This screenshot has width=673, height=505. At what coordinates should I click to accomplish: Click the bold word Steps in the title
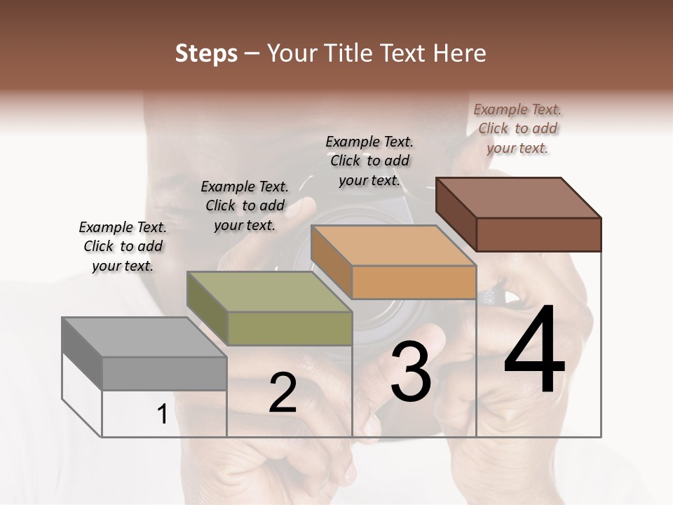coord(205,53)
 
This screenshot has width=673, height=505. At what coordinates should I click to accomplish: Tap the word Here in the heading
coord(457,53)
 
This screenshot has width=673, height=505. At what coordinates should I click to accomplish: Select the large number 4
coord(534,351)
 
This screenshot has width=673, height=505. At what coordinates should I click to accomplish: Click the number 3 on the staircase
coord(410,372)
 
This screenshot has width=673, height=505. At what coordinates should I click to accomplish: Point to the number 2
coord(283,393)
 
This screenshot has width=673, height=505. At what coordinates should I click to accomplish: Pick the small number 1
coord(162,415)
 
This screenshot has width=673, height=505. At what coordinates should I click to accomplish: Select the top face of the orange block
coord(393,245)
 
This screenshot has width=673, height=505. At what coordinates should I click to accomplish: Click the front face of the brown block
coord(538,234)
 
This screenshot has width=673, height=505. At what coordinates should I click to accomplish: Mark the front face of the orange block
coord(414,283)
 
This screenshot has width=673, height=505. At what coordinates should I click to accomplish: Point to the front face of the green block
coord(290,328)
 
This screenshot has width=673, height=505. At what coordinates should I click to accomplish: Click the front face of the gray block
coord(165,373)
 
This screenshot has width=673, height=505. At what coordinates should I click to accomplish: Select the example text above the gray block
coord(123,246)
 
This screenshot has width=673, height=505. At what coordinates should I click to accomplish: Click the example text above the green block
coord(245,206)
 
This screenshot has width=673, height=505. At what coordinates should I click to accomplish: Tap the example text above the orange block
coord(369,161)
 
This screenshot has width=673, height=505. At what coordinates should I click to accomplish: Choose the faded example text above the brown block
coord(517,128)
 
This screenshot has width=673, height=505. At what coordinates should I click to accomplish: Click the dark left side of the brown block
coord(456,213)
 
